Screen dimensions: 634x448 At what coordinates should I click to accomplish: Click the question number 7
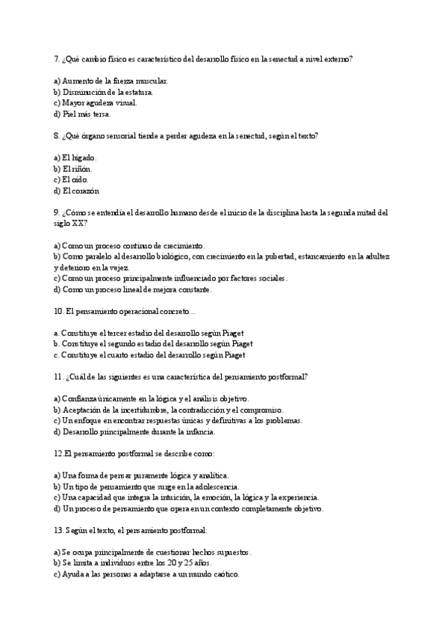[57, 58]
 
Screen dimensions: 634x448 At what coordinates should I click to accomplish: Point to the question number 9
[57, 212]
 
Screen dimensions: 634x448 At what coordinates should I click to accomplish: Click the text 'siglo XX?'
[71, 223]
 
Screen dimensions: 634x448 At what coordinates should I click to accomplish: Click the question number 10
[59, 311]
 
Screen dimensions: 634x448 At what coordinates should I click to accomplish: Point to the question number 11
[59, 377]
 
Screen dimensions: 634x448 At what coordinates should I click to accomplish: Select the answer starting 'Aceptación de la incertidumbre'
[172, 410]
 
